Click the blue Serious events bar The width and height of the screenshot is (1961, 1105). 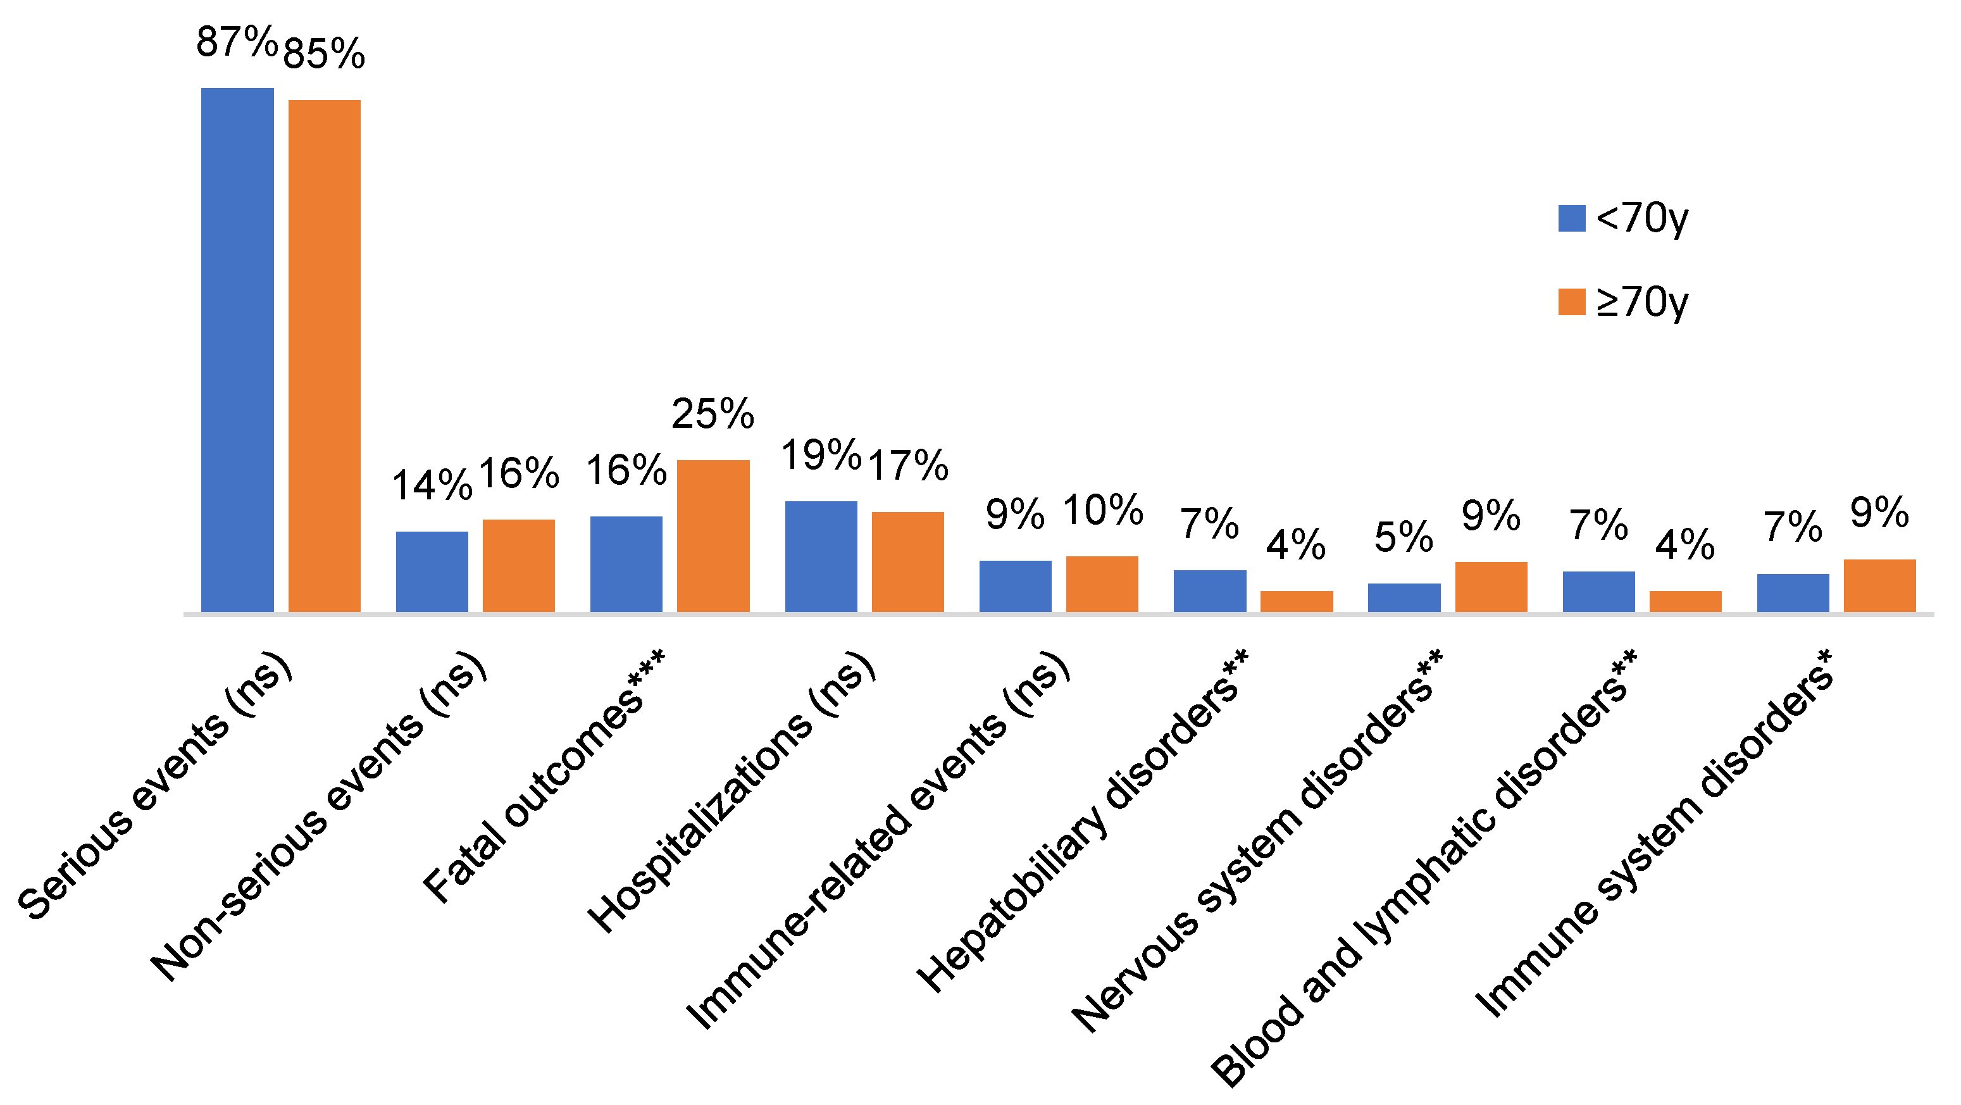pos(237,349)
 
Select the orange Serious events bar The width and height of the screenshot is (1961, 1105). pos(324,356)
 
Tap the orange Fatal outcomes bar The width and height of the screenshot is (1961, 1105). pos(713,535)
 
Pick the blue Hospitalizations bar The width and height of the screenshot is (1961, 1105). pos(821,556)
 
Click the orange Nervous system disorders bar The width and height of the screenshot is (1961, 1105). pos(1491,587)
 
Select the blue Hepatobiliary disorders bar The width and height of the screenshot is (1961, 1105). pos(1210,590)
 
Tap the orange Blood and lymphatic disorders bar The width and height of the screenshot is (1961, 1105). pos(1686,601)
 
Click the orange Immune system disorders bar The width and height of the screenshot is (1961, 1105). pos(1879,585)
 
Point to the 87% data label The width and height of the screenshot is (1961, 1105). pos(237,42)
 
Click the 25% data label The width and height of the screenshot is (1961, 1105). pos(713,413)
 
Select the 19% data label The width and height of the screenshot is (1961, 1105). pos(821,454)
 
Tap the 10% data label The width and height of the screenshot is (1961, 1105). pos(1103,509)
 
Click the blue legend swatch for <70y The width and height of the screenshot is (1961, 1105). pos(1572,218)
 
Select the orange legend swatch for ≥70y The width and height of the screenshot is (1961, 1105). pos(1572,302)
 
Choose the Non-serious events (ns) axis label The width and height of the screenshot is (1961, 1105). pos(318,816)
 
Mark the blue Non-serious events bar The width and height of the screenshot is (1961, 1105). pos(432,571)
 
